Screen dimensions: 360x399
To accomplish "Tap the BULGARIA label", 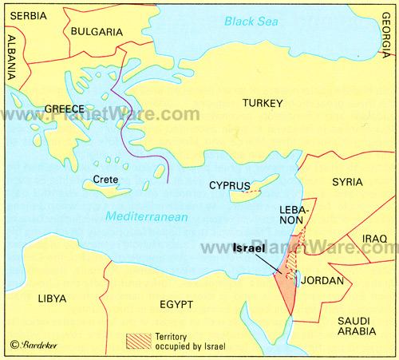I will [x=96, y=31].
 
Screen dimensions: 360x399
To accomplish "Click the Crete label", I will [x=106, y=179].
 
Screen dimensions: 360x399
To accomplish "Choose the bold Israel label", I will [x=251, y=248].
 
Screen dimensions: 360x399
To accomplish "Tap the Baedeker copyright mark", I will [x=32, y=344].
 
